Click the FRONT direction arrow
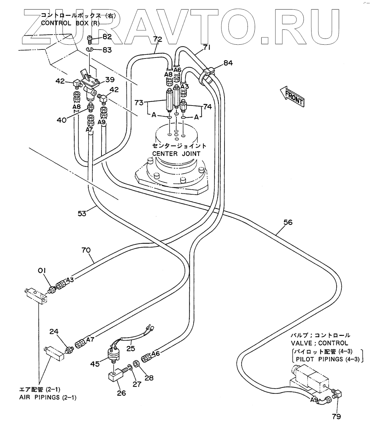292,96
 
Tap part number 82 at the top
107,37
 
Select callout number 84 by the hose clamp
228,63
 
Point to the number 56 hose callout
288,222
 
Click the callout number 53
82,213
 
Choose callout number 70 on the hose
86,250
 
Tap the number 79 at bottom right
336,417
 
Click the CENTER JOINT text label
176,154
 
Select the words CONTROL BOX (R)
70,23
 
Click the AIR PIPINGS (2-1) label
48,397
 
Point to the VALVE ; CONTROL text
320,343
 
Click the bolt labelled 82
89,40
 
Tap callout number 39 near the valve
110,79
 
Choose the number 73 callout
139,103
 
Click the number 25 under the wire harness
131,349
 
